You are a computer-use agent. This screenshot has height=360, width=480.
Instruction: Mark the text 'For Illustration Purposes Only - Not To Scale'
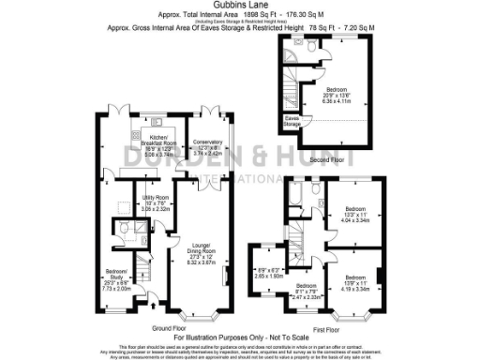tap(240, 337)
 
